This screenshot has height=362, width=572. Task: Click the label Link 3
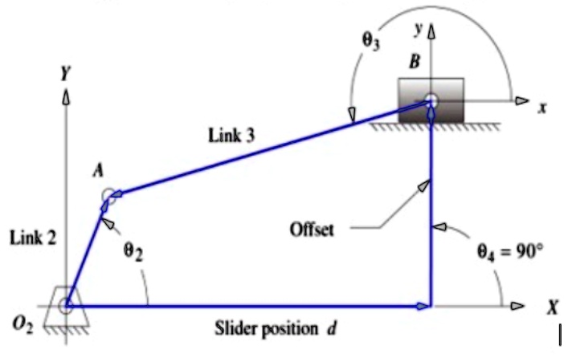click(x=231, y=136)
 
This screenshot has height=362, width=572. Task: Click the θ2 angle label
click(x=133, y=250)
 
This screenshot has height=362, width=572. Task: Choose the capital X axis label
click(x=552, y=307)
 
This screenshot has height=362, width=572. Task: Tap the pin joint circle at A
click(x=108, y=195)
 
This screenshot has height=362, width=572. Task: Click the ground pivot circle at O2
click(x=67, y=305)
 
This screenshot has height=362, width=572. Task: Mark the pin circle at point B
click(x=431, y=101)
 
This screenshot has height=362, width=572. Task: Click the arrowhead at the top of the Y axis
click(x=66, y=96)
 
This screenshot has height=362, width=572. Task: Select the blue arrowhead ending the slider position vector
click(x=423, y=305)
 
